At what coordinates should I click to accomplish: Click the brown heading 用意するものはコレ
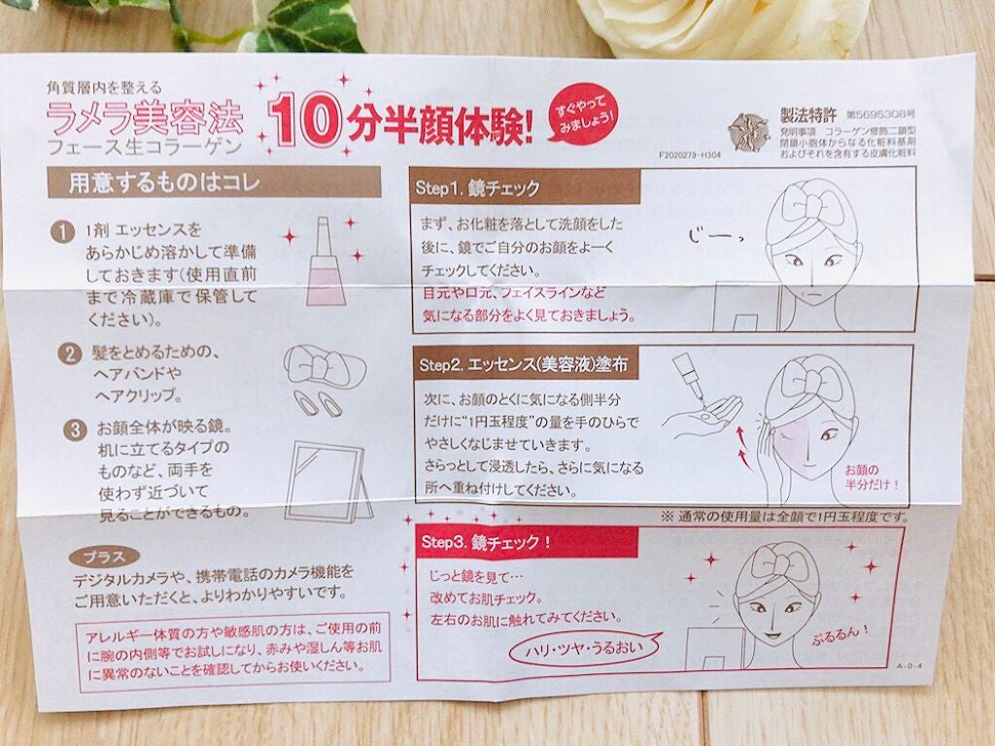(x=214, y=182)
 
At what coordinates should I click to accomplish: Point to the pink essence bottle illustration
(x=325, y=261)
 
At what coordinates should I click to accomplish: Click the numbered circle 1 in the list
(x=65, y=233)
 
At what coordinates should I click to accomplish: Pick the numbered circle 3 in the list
(x=65, y=426)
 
